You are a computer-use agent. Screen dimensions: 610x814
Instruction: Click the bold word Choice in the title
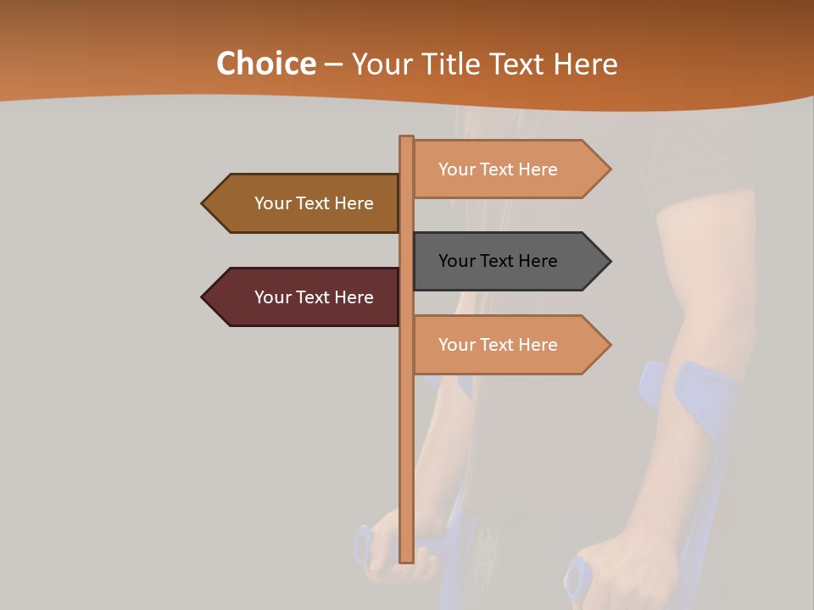265,64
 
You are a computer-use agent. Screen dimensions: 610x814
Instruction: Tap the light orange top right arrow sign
509,169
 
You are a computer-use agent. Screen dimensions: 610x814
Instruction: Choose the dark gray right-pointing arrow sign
509,261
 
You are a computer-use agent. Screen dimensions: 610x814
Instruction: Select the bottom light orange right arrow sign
509,345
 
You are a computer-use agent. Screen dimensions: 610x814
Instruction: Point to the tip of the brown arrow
203,203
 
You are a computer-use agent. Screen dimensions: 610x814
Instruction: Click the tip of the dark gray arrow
609,261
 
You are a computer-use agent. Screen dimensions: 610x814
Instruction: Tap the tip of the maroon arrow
203,297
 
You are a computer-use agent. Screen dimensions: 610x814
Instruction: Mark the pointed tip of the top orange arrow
609,169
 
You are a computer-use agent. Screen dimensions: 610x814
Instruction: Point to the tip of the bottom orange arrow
609,345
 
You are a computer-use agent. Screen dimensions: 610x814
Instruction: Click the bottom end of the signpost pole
407,559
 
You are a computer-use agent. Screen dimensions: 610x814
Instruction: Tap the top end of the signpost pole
407,138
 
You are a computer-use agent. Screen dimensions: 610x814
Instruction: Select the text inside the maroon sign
314,297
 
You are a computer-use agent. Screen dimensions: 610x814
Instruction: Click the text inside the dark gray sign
498,261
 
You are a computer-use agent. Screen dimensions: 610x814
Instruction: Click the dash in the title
333,64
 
